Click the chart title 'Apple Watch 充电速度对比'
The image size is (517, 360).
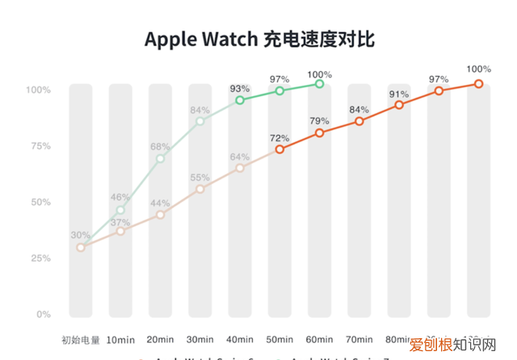[259, 39]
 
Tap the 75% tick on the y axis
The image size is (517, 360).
[39, 146]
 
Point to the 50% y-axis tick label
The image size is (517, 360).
[39, 202]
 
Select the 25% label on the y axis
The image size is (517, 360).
[39, 258]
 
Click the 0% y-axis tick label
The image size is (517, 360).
[41, 314]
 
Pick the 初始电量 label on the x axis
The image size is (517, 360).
[81, 340]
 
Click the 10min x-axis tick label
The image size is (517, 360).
[120, 340]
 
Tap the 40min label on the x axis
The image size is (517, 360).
[240, 340]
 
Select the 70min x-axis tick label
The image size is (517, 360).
[359, 340]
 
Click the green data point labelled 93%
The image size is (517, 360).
[240, 100]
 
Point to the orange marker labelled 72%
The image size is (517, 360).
[280, 149]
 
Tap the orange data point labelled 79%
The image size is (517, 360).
[319, 132]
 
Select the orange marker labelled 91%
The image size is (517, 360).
[399, 106]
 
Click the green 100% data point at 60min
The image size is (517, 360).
[319, 84]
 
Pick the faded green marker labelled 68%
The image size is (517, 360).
[160, 158]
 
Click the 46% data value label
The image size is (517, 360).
[120, 197]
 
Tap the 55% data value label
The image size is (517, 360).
[200, 177]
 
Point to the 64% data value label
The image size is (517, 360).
[240, 157]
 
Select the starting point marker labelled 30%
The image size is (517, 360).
[81, 247]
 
